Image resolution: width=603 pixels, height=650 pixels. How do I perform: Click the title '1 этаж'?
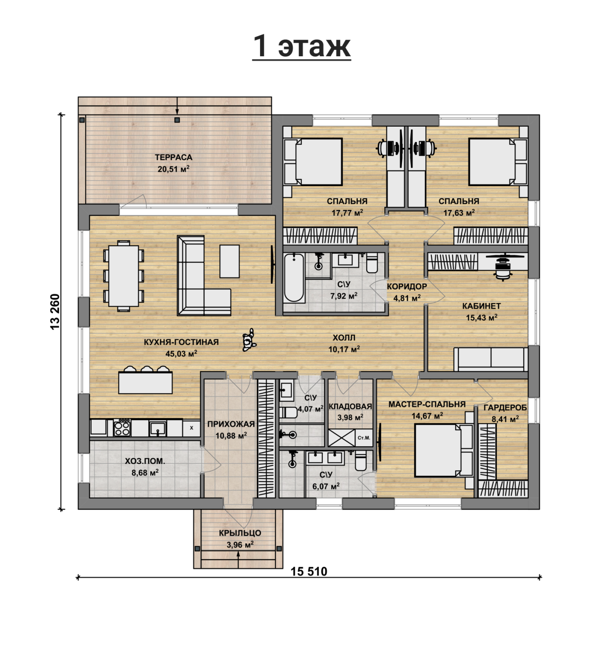302,46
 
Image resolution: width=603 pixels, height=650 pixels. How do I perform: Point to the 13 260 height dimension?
56,312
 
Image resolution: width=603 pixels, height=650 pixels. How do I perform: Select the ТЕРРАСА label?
173,157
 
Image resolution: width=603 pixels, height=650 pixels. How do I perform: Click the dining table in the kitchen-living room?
124,276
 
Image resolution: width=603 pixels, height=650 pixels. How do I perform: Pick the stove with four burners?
122,428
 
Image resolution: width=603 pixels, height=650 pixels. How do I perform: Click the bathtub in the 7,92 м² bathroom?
294,278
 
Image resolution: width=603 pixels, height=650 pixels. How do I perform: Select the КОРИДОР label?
407,287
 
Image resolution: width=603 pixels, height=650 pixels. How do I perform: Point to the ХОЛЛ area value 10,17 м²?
344,350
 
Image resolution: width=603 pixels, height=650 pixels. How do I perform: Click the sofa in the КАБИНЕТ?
491,359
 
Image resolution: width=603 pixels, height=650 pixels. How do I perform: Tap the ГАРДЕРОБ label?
505,408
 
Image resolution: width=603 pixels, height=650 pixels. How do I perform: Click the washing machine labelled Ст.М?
364,438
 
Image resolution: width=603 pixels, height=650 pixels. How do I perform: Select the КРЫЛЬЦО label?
240,533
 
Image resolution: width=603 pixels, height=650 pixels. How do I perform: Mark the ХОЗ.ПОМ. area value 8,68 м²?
145,473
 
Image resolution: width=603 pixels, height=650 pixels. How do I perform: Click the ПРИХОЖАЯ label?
231,424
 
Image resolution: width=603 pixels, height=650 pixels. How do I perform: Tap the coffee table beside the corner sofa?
230,261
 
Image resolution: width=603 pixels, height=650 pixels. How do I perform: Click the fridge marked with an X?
191,428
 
